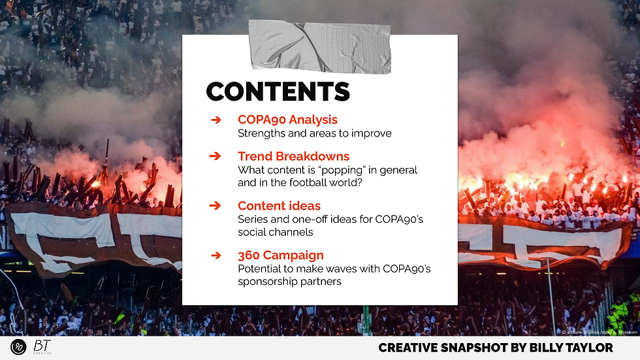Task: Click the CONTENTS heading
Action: point(278,91)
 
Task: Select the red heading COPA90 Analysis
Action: point(287,120)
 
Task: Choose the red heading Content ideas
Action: point(279,206)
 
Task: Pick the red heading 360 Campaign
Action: point(280,255)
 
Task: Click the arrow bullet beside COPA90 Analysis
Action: point(216,120)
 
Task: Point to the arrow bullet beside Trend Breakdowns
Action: point(216,157)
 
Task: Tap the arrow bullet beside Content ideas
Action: point(216,206)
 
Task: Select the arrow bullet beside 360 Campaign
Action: point(216,255)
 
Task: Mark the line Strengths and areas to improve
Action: point(314,133)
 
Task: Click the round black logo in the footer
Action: point(18,347)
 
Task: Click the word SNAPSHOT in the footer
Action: point(466,348)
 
